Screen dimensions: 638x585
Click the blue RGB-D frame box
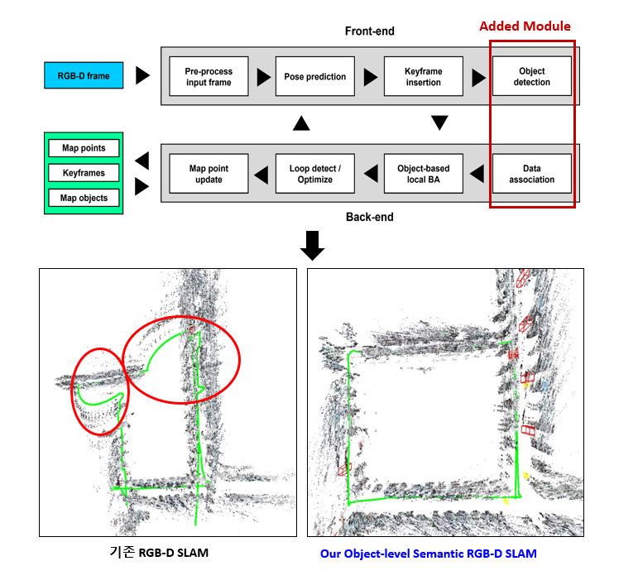[x=84, y=75]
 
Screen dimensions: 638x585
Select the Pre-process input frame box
[x=209, y=76]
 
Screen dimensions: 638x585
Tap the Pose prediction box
[x=315, y=76]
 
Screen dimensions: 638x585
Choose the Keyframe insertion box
[x=423, y=76]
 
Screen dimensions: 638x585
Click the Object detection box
[x=532, y=76]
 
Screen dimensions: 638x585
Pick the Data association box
[x=532, y=174]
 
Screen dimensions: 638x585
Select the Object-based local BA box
[x=423, y=174]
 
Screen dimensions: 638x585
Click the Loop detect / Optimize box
[x=315, y=174]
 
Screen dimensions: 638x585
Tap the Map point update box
[x=209, y=174]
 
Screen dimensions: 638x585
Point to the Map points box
[x=84, y=148]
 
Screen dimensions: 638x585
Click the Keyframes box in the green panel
[x=84, y=173]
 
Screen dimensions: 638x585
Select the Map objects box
[x=84, y=198]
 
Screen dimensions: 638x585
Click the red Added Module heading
[x=525, y=26]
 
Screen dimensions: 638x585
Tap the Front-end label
[x=369, y=31]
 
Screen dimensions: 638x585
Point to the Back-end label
[x=369, y=217]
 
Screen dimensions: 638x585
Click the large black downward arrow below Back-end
[x=312, y=245]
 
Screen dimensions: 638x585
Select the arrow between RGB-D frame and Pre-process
[x=142, y=75]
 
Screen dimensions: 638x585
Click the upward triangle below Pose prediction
[x=301, y=122]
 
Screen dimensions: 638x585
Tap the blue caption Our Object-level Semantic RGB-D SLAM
[x=428, y=554]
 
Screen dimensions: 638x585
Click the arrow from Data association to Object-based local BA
[x=477, y=174]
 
